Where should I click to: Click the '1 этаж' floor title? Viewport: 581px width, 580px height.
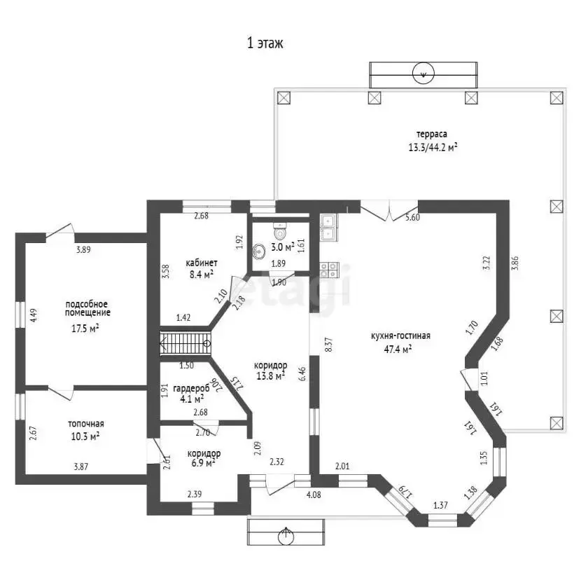265,43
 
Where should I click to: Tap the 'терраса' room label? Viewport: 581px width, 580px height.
432,134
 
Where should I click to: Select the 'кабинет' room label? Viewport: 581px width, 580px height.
201,263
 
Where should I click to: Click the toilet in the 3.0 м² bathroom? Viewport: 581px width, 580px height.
280,231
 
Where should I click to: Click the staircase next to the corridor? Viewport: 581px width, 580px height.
185,343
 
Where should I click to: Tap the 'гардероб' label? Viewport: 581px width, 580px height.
191,388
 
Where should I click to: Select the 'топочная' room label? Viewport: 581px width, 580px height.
86,424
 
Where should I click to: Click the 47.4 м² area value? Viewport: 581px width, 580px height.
398,349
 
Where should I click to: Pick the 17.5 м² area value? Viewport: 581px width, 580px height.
85,329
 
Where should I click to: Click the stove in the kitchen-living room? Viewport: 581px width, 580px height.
329,270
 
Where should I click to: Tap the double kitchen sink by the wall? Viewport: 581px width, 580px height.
328,228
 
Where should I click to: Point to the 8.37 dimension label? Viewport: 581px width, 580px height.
328,345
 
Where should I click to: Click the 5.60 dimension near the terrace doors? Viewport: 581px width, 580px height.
412,218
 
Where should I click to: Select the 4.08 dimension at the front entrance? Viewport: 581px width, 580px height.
314,495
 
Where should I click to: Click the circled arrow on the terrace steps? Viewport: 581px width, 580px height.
423,74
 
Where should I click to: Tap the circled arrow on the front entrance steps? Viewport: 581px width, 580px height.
286,534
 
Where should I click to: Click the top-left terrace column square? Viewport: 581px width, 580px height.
283,98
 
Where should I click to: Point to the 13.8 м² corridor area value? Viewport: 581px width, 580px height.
270,375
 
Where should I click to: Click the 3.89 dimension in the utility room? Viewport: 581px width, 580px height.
83,249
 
